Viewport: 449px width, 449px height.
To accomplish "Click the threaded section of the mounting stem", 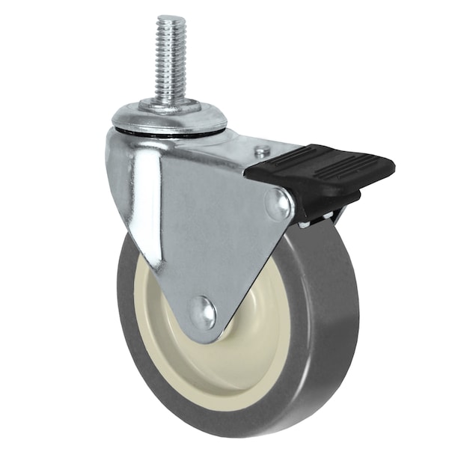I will (171, 60).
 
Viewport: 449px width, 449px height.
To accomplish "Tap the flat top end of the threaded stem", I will (171, 19).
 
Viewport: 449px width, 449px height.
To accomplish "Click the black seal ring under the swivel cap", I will (168, 135).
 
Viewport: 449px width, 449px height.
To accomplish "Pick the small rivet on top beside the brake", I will (261, 151).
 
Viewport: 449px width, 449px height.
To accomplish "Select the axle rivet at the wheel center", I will (202, 313).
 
